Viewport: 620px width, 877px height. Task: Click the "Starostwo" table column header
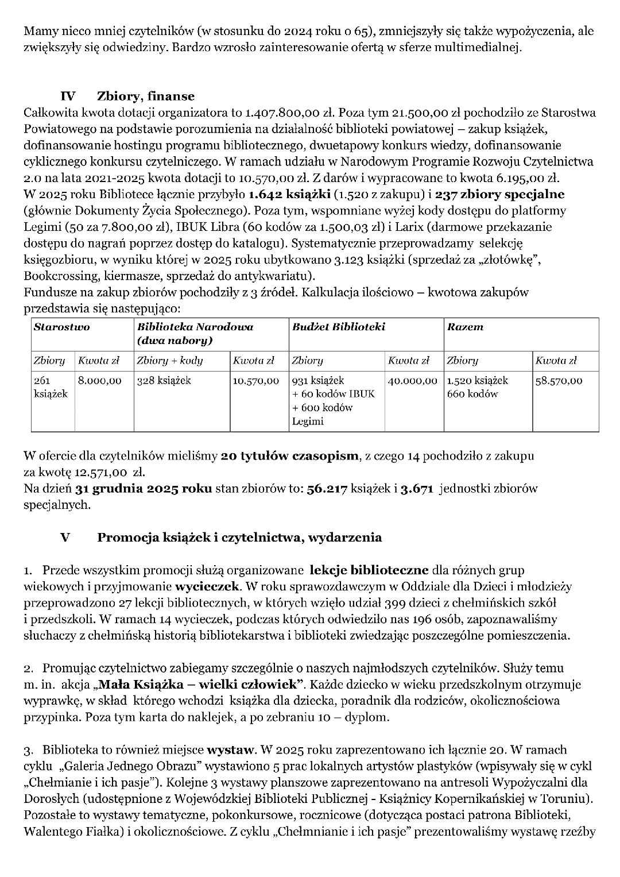tap(62, 327)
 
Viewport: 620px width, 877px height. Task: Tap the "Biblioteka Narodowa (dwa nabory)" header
tap(195, 334)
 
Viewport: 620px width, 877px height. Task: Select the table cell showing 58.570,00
tap(559, 380)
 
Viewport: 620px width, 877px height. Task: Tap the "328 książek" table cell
tap(164, 380)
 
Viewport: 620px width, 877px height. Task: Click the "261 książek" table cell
tap(51, 387)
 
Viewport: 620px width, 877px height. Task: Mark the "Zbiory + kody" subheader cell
tap(170, 361)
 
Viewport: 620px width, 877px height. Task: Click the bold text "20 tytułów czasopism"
tap(289, 457)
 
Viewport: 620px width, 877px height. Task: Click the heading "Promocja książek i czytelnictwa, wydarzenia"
tap(239, 538)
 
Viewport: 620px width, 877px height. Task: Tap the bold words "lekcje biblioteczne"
tap(369, 570)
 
